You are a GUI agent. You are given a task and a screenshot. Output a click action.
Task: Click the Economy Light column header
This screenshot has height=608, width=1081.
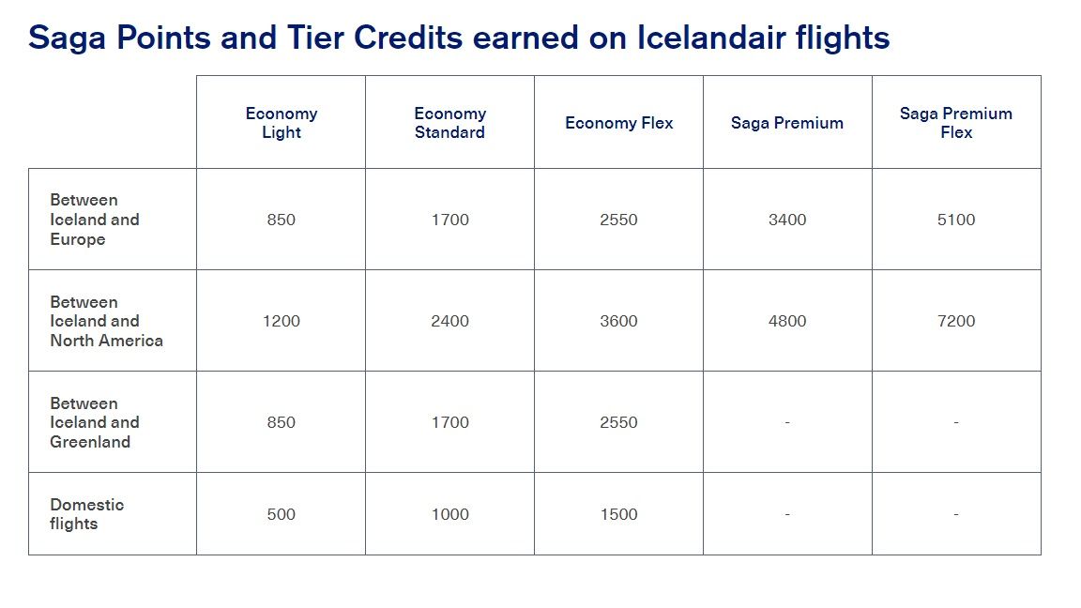click(x=282, y=123)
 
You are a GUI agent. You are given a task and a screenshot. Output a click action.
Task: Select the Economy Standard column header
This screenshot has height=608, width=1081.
click(x=449, y=123)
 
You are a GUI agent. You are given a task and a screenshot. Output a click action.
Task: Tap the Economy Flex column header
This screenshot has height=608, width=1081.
click(x=618, y=123)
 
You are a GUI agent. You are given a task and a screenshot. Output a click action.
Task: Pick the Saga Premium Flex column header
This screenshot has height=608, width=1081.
click(x=956, y=123)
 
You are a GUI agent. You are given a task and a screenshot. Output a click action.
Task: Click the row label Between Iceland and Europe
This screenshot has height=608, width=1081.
click(x=95, y=220)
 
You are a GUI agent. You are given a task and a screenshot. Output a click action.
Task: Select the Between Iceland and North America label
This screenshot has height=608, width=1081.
click(x=106, y=321)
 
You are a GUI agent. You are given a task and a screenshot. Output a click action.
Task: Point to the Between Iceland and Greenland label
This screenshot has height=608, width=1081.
click(x=95, y=422)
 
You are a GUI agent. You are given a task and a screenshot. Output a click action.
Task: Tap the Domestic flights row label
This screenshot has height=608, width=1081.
click(x=86, y=514)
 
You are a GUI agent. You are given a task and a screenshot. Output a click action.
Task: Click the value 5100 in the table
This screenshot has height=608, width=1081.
click(x=956, y=220)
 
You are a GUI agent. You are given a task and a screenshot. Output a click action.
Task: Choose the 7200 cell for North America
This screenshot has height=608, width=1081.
click(x=956, y=321)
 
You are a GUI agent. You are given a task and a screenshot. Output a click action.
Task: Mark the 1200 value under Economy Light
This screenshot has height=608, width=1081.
click(x=282, y=321)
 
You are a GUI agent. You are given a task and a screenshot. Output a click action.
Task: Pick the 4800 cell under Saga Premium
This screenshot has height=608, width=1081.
click(x=787, y=321)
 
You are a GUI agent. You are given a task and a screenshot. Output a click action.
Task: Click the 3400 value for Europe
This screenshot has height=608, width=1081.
click(x=787, y=220)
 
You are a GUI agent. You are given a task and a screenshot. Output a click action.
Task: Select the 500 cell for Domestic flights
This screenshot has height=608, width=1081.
click(x=282, y=514)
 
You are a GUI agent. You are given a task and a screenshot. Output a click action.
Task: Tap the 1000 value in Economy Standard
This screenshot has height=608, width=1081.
click(x=449, y=514)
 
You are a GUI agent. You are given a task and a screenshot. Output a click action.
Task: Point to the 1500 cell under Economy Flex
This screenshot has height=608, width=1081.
click(x=618, y=514)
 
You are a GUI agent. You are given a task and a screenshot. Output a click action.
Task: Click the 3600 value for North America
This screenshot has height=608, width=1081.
click(x=618, y=321)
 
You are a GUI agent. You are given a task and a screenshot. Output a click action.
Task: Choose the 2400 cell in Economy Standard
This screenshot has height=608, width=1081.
click(x=449, y=321)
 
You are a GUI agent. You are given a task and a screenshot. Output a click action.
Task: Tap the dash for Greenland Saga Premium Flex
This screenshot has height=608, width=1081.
click(x=956, y=423)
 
